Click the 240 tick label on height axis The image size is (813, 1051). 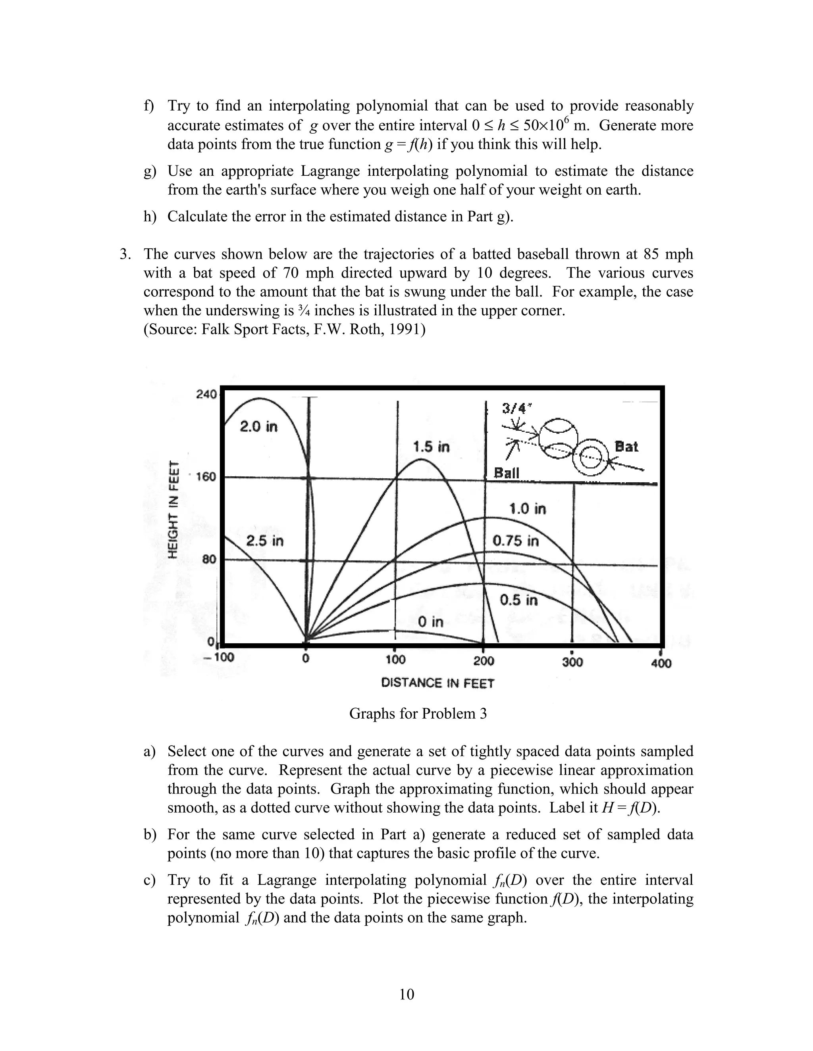206,394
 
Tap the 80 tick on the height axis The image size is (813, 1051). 208,559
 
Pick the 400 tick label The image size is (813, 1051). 661,664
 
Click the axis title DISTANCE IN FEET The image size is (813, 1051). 437,683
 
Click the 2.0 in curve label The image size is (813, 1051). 259,426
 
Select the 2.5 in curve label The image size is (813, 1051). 265,541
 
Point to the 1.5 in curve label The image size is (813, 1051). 431,447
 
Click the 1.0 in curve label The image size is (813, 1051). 528,509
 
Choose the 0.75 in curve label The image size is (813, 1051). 515,541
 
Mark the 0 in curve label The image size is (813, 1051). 430,622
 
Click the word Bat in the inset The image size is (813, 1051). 626,447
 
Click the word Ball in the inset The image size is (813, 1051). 507,473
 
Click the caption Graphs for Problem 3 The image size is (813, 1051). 418,713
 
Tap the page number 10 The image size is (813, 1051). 406,994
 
